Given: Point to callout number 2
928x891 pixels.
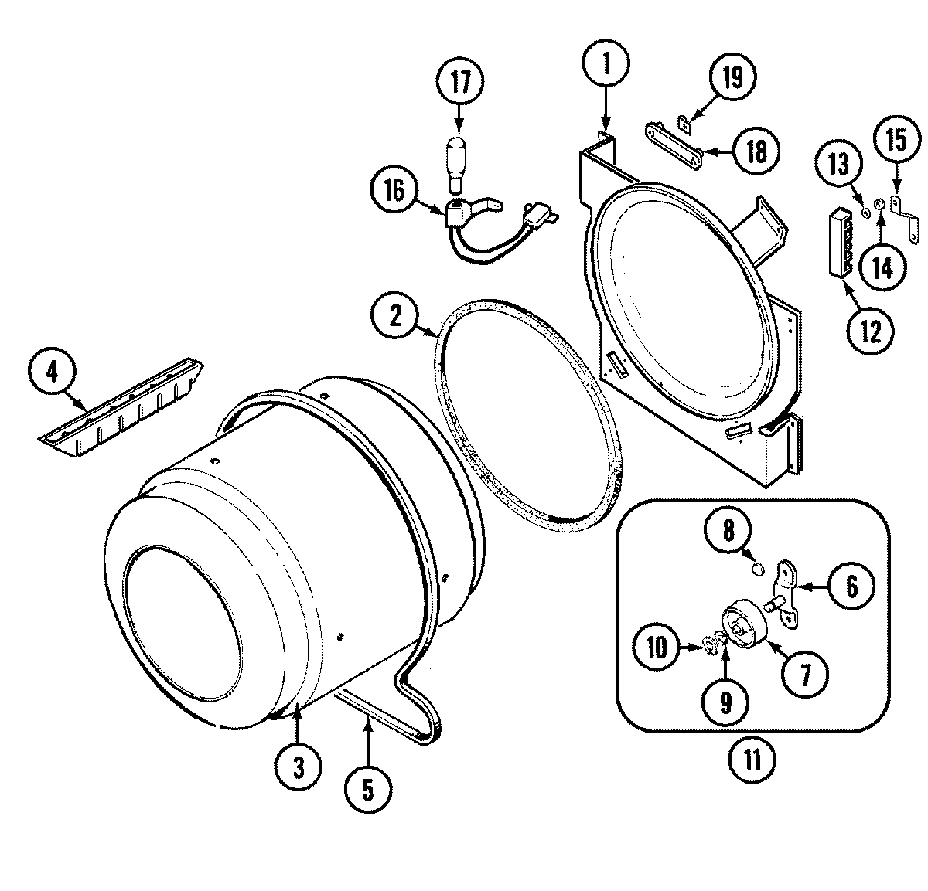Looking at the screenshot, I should pyautogui.click(x=396, y=318).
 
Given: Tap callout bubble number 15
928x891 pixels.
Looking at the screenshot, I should pyautogui.click(x=896, y=141).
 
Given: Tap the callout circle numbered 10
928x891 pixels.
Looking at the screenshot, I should pyautogui.click(x=657, y=648).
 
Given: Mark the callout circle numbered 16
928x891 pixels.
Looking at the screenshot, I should pyautogui.click(x=394, y=191).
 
